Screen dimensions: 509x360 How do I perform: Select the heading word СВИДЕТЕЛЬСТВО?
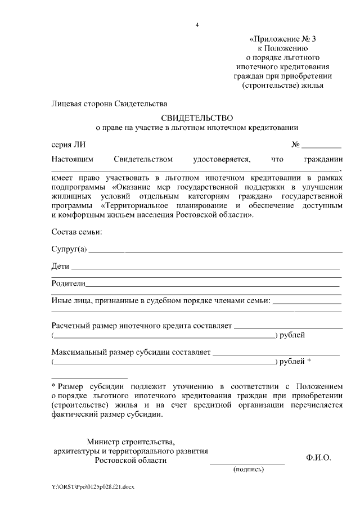(196, 118)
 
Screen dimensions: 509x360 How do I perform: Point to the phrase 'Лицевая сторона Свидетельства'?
(109, 103)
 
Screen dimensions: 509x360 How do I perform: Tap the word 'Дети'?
(60, 266)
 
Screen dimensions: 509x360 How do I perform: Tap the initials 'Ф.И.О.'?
(318, 458)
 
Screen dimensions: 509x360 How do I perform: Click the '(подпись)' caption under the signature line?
(248, 470)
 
